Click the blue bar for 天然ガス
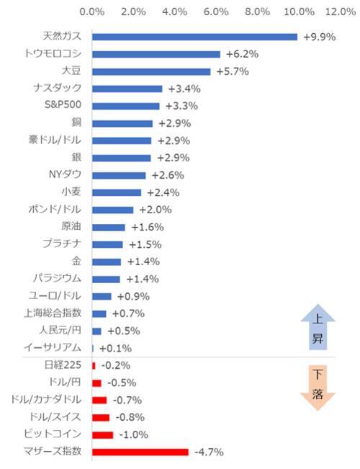tap(194, 37)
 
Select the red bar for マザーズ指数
tap(140, 452)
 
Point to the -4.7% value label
tap(210, 452)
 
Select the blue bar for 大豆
tap(151, 71)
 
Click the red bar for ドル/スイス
tap(101, 417)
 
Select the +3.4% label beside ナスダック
tap(183, 89)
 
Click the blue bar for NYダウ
tap(119, 175)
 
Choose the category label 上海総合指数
tap(57, 313)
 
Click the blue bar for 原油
tap(109, 227)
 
